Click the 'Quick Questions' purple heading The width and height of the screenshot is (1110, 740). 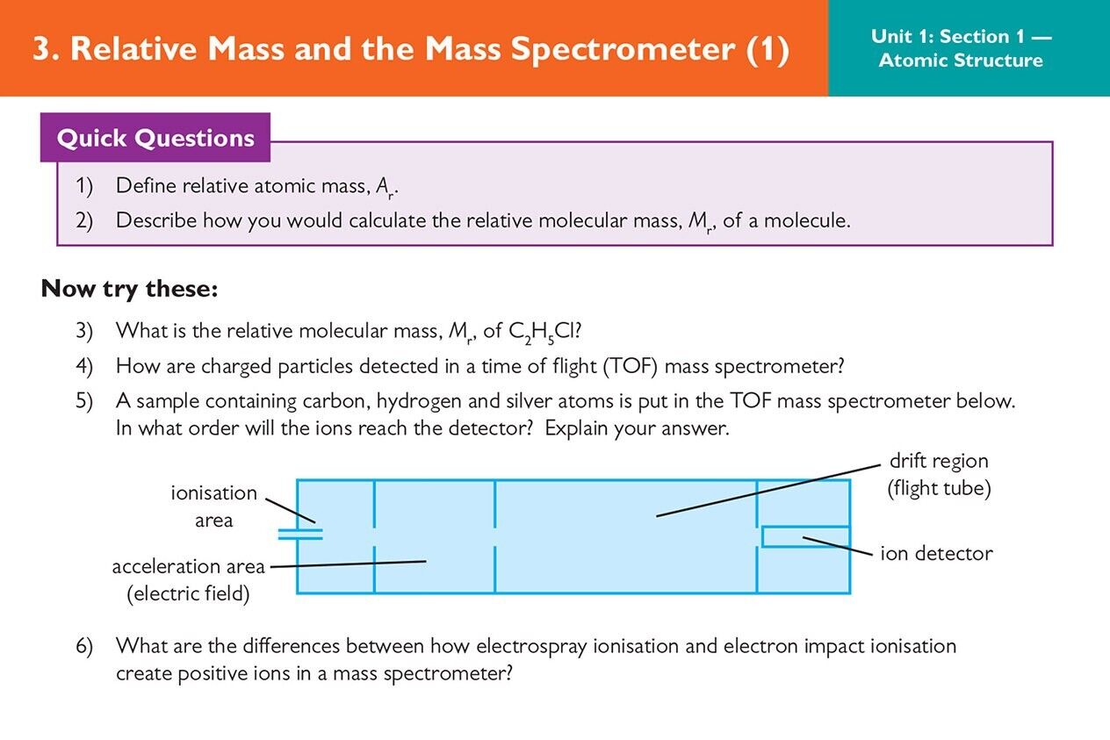tap(155, 138)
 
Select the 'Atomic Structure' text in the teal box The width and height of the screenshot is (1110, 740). tap(961, 61)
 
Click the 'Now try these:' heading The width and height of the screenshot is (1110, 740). tap(129, 289)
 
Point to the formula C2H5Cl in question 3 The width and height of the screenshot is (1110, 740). tap(544, 331)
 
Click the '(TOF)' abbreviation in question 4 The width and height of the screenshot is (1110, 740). tap(631, 367)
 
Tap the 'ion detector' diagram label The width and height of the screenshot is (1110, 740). tap(936, 553)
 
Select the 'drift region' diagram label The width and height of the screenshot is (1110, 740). tap(939, 461)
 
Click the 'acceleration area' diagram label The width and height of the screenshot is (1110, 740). tap(188, 567)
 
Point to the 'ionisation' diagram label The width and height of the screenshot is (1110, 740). tap(214, 492)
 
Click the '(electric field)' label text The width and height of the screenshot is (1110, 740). tap(188, 593)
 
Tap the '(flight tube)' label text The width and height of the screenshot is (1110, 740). tap(939, 488)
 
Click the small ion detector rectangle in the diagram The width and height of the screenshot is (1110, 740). tap(806, 537)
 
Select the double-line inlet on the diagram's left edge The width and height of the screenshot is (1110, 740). tap(300, 534)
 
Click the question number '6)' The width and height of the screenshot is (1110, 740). tap(84, 646)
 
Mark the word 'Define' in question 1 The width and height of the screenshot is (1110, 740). tap(146, 186)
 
